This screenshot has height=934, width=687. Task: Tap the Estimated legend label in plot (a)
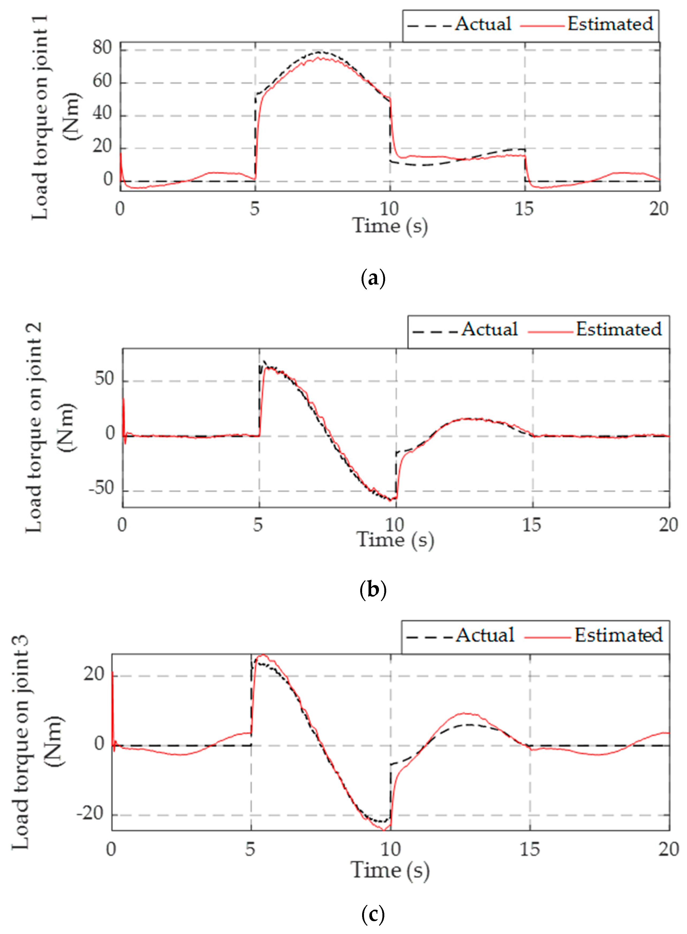(x=610, y=24)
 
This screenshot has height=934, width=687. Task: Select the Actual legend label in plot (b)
(x=489, y=329)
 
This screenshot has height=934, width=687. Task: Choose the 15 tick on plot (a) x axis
(x=524, y=209)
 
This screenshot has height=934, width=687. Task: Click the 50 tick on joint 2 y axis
(x=104, y=379)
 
